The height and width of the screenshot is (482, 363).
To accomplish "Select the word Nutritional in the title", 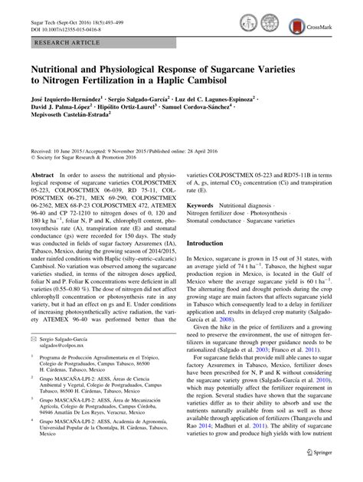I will point(57,67).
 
